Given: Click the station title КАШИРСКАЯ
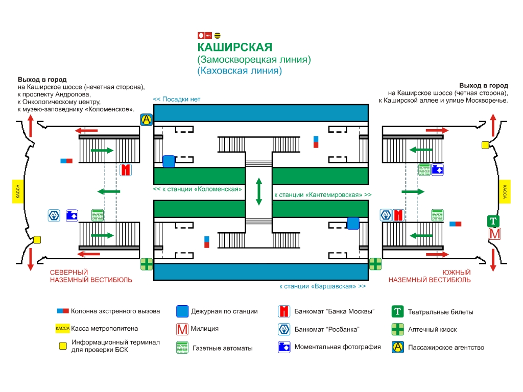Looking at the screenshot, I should click(x=234, y=47).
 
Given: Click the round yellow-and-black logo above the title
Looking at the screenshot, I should click(x=217, y=35).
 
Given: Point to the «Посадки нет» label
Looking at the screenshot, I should click(x=177, y=99).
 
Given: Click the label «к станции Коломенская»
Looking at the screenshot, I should click(x=197, y=189).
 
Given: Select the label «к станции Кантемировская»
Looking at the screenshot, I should click(x=323, y=195).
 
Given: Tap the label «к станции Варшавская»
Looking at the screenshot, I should click(x=322, y=286).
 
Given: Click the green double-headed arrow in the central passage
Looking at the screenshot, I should click(x=259, y=191).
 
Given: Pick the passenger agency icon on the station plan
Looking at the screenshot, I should click(x=147, y=119).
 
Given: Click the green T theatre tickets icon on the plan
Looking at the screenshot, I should click(x=493, y=222).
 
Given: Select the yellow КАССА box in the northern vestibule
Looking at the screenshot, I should click(x=18, y=191).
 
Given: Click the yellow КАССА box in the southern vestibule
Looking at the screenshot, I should click(x=505, y=191).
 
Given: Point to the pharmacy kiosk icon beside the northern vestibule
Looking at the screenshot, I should click(x=147, y=264).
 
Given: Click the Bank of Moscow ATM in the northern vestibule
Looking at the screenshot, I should click(x=126, y=169).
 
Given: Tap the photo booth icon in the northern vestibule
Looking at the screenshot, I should click(x=72, y=215).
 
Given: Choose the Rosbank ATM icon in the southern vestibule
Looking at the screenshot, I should click(x=386, y=215).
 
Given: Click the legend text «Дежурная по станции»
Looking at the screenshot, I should click(x=224, y=311).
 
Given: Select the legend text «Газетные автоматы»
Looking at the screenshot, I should click(x=222, y=348).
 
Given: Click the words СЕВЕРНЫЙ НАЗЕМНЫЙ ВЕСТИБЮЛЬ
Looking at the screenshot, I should click(x=90, y=276).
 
